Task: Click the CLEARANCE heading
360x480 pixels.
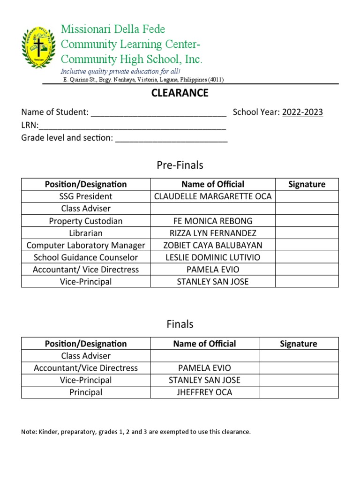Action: [x=180, y=93]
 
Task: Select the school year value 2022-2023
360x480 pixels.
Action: [x=302, y=112]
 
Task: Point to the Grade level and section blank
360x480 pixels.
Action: [x=171, y=139]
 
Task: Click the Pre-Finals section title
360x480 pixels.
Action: [x=180, y=165]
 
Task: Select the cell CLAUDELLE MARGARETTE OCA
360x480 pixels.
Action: [x=213, y=196]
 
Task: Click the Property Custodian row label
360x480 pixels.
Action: [x=86, y=221]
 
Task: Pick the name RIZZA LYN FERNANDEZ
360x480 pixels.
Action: [x=213, y=233]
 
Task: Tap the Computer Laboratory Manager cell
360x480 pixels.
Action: [x=86, y=245]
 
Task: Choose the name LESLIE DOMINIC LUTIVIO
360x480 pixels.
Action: [x=213, y=257]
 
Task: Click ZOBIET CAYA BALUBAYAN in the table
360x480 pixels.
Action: [x=213, y=245]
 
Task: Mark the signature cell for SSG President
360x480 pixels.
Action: [x=307, y=196]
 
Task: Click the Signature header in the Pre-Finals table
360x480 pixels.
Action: [x=307, y=184]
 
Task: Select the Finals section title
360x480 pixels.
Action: [x=180, y=324]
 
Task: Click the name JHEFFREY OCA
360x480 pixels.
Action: [x=204, y=392]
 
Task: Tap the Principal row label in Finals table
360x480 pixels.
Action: [x=86, y=392]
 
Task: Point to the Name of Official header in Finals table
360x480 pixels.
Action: [x=204, y=344]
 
